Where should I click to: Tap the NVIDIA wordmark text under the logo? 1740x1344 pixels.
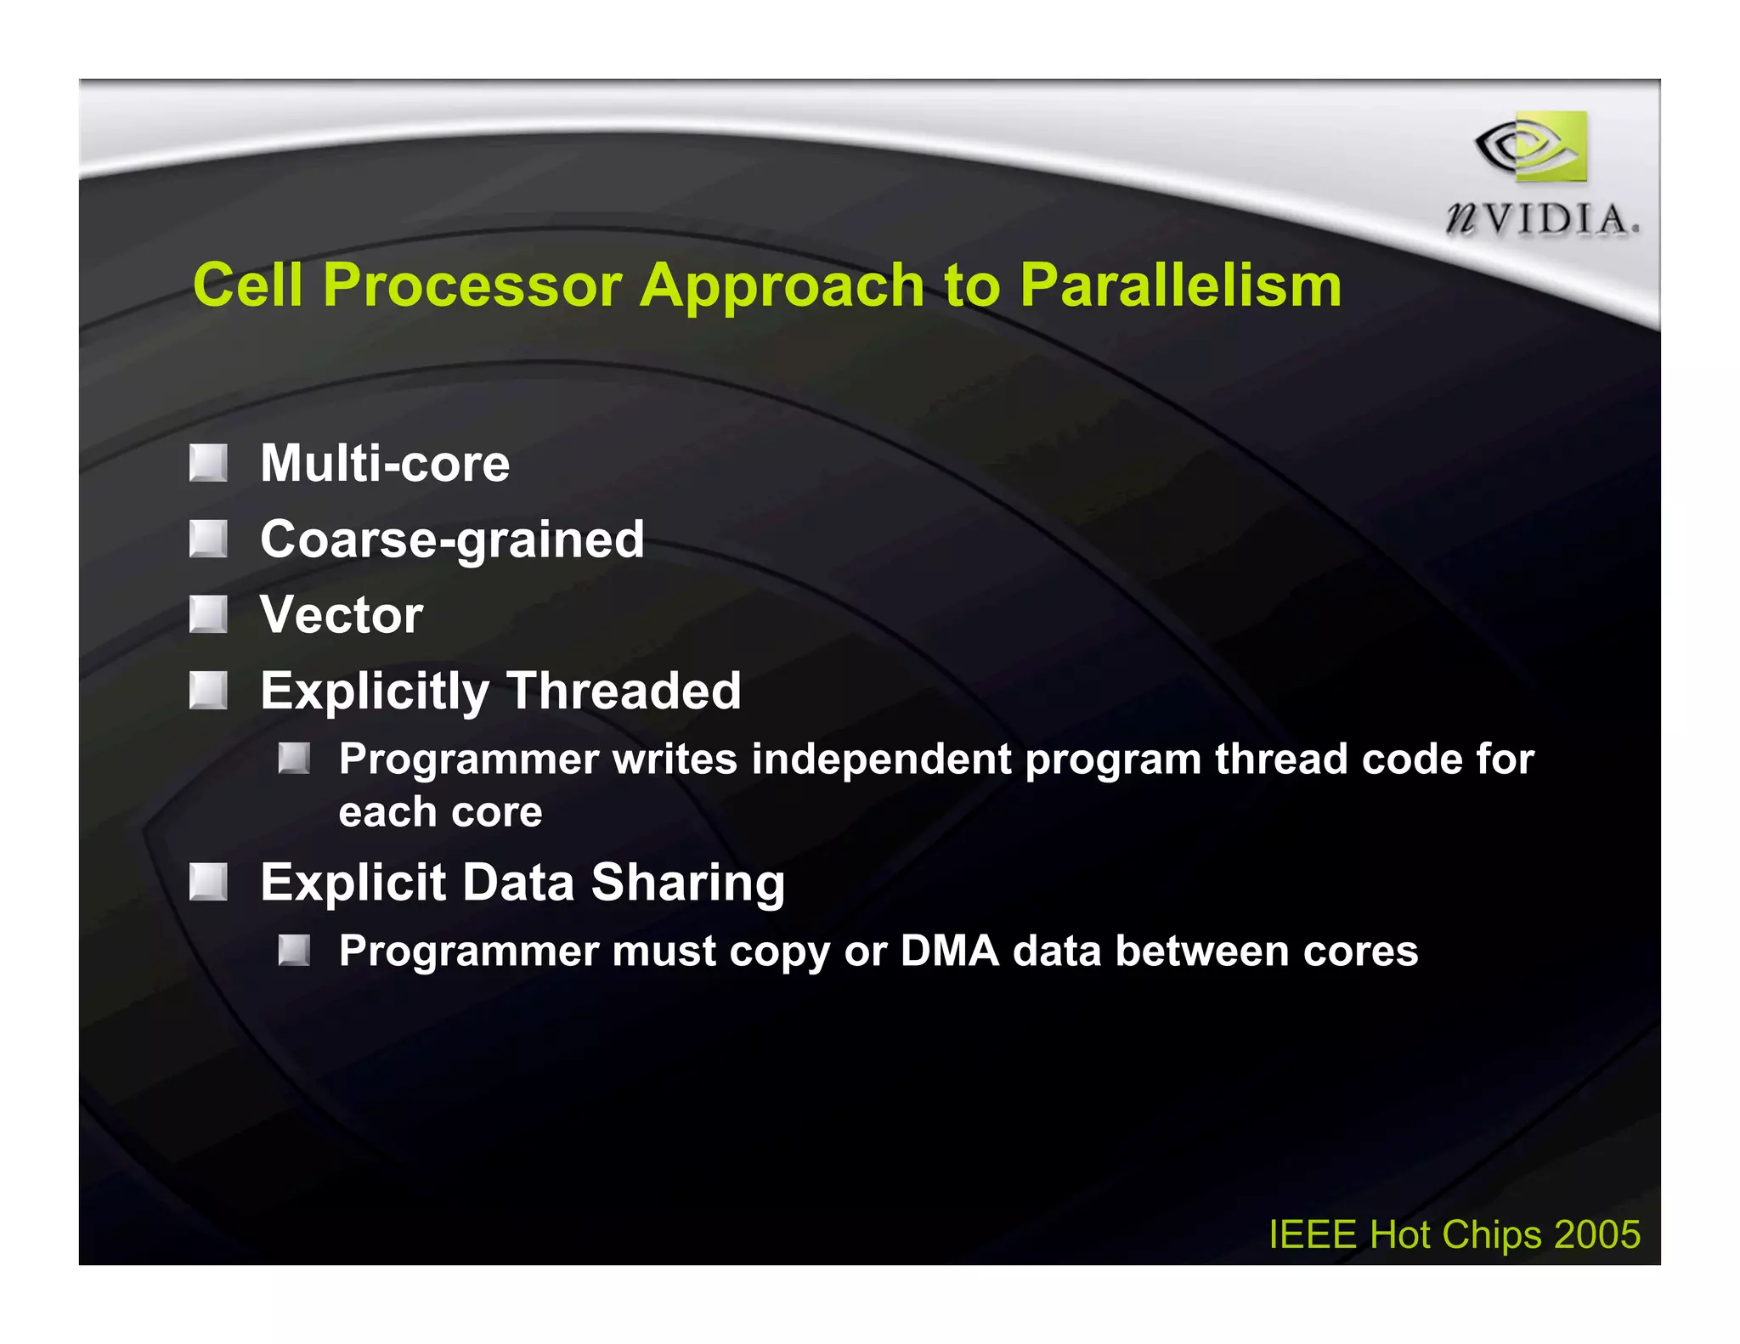[x=1541, y=220]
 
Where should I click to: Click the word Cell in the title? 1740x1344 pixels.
[x=247, y=285]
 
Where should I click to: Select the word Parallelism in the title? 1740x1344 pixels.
[x=1180, y=285]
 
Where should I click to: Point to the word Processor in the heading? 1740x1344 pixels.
[x=472, y=285]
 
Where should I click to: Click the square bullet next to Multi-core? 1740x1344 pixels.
[x=208, y=463]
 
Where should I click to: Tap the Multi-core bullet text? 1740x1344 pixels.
[x=385, y=463]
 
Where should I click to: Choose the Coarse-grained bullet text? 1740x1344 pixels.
[x=452, y=539]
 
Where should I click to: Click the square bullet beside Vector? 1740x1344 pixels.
[x=208, y=614]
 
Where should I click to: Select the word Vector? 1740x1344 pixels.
[x=342, y=614]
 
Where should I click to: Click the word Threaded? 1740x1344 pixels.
[x=624, y=690]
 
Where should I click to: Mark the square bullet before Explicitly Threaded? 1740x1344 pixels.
[x=208, y=690]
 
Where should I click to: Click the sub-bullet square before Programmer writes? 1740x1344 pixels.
[x=294, y=758]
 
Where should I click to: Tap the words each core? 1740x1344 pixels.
[x=440, y=812]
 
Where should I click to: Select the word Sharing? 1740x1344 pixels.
[x=687, y=882]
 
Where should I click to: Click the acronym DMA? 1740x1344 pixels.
[x=949, y=951]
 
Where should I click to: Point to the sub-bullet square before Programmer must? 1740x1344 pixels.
[x=294, y=950]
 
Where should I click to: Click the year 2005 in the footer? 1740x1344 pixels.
[x=1596, y=1234]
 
